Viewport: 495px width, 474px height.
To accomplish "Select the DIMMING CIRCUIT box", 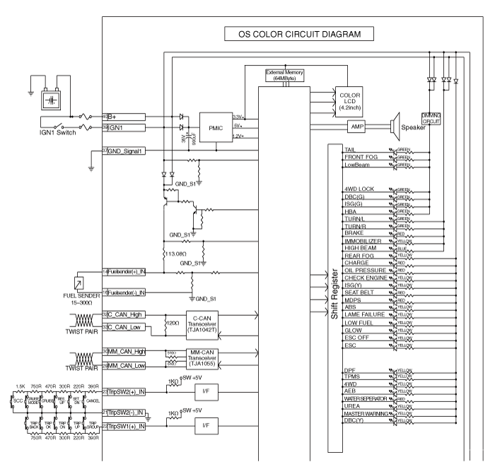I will pyautogui.click(x=431, y=117).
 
